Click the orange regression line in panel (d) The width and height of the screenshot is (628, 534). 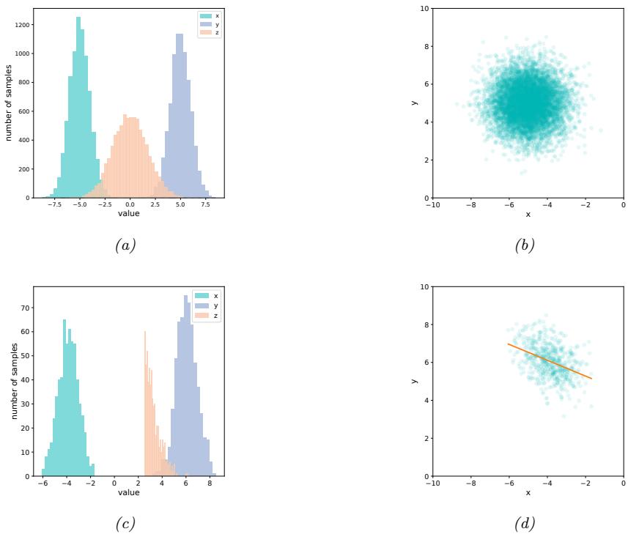click(x=550, y=361)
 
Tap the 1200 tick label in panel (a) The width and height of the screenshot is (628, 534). click(x=22, y=25)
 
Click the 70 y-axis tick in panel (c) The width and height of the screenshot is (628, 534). click(x=24, y=308)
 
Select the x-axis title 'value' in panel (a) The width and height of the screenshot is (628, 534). click(x=129, y=214)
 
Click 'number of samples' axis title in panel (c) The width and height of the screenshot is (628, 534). click(x=14, y=381)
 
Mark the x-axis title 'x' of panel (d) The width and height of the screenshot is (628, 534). click(x=528, y=492)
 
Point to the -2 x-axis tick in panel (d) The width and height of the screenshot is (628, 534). click(x=585, y=484)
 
